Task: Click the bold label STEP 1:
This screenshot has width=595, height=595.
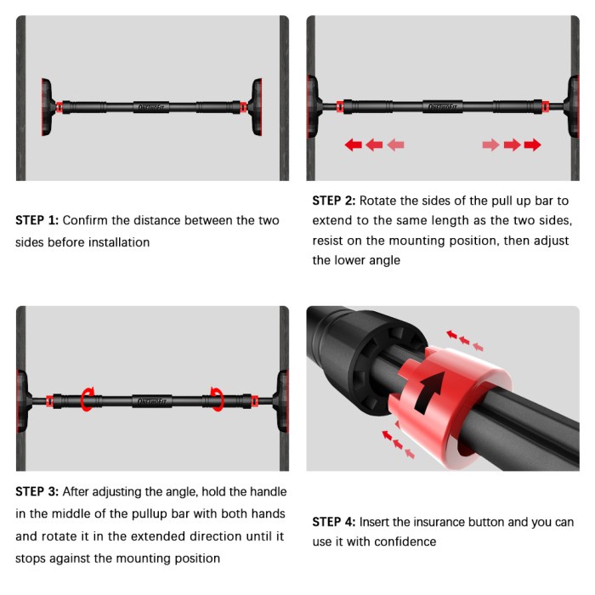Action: coord(37,220)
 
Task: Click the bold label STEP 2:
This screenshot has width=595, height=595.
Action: coord(334,201)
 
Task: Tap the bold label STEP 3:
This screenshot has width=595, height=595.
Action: coord(37,492)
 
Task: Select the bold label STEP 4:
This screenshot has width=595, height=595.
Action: coord(334,522)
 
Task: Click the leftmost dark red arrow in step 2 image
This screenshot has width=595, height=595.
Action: coord(353,145)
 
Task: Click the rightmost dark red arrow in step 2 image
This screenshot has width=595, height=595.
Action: coord(532,145)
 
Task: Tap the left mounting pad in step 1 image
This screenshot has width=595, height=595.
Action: coord(47,108)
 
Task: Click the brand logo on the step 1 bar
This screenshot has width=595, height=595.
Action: coord(151,108)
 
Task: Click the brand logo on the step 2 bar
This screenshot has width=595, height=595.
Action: coord(442,108)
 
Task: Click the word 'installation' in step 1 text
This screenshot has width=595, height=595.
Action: coord(115,242)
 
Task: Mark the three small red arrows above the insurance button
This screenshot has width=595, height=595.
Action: coord(464,340)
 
